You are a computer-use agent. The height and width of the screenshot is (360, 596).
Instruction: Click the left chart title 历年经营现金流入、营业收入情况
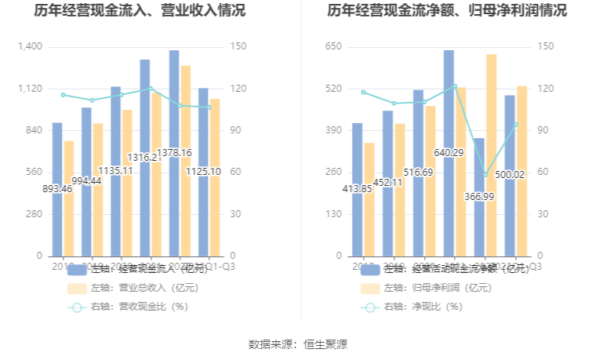(140, 11)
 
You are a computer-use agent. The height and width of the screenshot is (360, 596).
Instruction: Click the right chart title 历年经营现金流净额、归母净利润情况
(448, 11)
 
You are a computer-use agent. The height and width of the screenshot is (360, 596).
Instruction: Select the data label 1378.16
(174, 152)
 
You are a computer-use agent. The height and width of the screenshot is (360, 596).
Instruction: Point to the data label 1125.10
(203, 172)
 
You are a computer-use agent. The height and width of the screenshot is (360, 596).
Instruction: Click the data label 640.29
(449, 152)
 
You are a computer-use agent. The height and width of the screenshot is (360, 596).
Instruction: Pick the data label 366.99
(478, 196)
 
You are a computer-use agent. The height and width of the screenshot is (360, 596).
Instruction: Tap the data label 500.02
(509, 175)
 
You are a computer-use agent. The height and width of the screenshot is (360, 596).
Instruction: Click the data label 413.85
(357, 189)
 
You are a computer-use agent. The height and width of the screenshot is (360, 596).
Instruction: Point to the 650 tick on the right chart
(333, 47)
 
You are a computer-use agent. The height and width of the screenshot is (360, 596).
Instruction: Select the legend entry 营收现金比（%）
(129, 307)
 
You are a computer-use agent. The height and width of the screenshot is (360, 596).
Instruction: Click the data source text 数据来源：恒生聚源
(298, 344)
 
